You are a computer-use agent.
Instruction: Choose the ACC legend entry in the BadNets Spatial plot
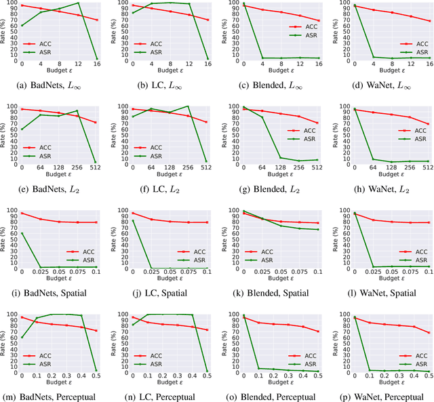[80, 249]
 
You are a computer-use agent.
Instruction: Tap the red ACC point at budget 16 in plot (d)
[429, 20]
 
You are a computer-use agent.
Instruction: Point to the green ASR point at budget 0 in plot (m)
[22, 338]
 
